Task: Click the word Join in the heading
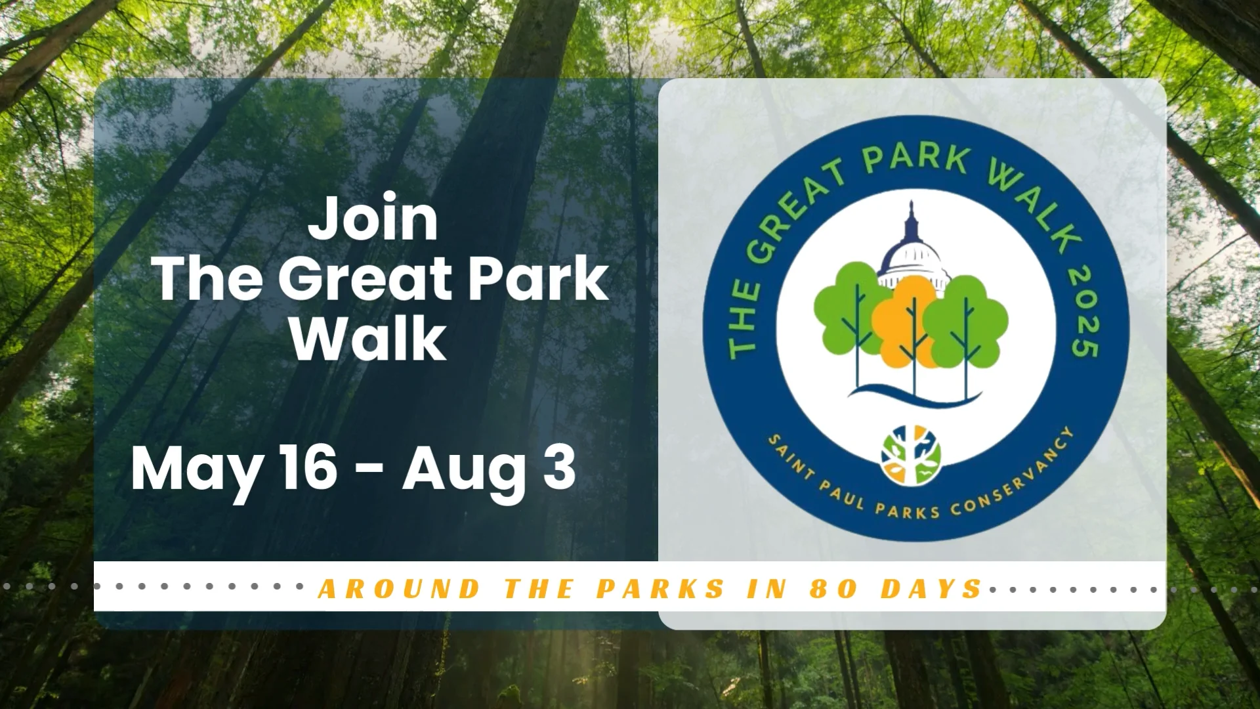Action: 373,219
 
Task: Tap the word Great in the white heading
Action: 367,279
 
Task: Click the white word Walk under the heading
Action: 369,339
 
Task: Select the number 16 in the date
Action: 308,467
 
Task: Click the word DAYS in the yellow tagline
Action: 931,589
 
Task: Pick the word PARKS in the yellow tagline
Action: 660,589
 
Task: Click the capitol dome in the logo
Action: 912,253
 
